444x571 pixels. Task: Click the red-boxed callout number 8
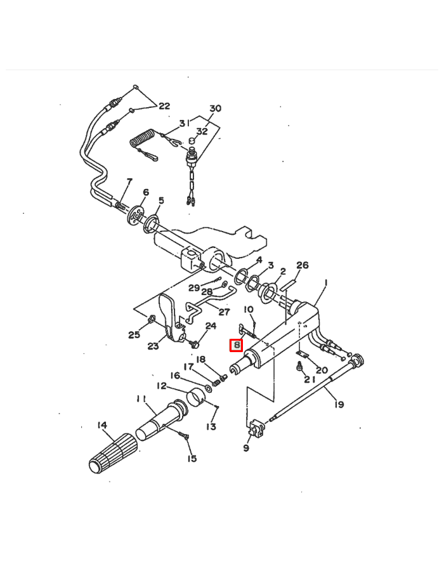coord(236,345)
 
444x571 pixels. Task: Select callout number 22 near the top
coord(164,106)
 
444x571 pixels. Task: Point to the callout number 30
coord(215,108)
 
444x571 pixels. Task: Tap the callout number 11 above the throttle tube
coord(141,398)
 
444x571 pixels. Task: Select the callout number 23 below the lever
coord(153,346)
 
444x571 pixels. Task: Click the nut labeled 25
coord(152,318)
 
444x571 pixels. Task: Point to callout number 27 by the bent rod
coord(224,312)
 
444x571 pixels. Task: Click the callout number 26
coord(303,265)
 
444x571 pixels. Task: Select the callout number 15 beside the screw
coord(192,459)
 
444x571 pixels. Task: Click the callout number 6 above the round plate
coord(145,192)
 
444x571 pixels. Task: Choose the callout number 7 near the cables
coord(129,182)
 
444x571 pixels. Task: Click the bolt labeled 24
coord(196,343)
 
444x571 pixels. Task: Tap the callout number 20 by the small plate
coord(322,369)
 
